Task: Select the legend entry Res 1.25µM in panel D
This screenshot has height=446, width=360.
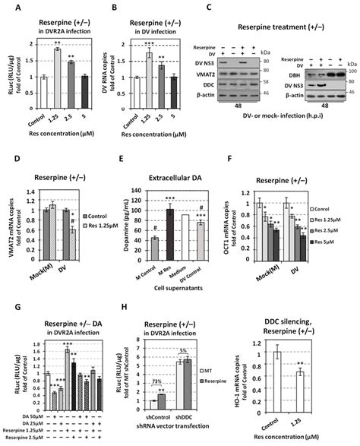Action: coord(92,207)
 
